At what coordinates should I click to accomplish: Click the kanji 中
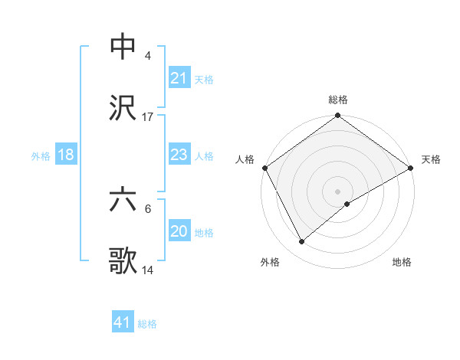(x=123, y=47)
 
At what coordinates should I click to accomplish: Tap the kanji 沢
(x=123, y=108)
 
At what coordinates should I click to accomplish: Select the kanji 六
(x=123, y=200)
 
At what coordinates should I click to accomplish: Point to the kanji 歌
(x=123, y=261)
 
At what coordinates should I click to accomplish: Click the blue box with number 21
(x=179, y=78)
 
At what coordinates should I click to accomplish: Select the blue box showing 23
(x=179, y=155)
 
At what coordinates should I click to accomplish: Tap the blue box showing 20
(x=179, y=231)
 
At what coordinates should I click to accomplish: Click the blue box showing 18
(x=66, y=155)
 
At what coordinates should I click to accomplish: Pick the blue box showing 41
(x=123, y=322)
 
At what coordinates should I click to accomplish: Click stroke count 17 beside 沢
(x=148, y=116)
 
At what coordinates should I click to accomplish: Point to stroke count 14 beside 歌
(x=148, y=270)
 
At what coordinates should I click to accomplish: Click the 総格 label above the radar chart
(x=338, y=100)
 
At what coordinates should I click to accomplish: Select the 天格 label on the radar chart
(x=432, y=159)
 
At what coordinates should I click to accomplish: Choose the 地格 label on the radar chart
(x=402, y=262)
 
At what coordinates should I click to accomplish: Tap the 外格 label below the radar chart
(x=270, y=262)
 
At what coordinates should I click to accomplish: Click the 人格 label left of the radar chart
(x=245, y=159)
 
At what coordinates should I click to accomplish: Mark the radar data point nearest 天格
(x=411, y=168)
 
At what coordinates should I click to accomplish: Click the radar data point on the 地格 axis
(x=347, y=204)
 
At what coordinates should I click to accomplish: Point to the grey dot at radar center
(x=337, y=191)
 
